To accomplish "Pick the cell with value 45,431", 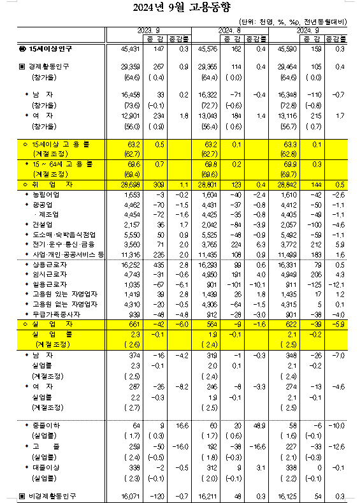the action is coord(121,48).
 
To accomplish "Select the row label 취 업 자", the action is coord(45,182).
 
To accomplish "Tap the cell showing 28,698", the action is coord(121,182).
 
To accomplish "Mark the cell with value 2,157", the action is coord(123,225).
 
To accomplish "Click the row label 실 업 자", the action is coord(45,324).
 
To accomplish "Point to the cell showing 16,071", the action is coord(121,495).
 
